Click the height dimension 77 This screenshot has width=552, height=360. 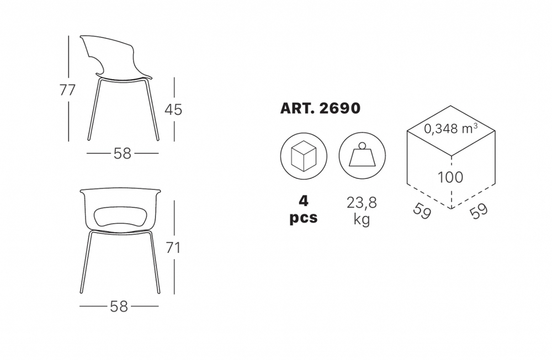(x=67, y=90)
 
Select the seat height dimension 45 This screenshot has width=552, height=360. (x=173, y=109)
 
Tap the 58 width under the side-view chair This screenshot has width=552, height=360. (x=123, y=153)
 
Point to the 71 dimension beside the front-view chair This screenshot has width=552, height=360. (x=173, y=248)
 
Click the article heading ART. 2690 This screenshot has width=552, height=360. (x=320, y=108)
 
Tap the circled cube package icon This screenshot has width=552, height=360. (x=304, y=156)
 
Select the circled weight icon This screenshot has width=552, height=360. (x=362, y=156)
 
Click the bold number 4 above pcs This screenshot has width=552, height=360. (x=303, y=199)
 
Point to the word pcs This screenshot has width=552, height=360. (x=304, y=218)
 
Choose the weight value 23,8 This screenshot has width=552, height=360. (x=362, y=203)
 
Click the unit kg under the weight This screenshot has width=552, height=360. (x=362, y=219)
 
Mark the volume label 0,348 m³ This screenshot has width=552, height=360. (x=451, y=129)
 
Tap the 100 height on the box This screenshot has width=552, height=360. (x=450, y=177)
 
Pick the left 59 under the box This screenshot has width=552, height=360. (x=422, y=211)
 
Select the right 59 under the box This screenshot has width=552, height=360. (x=479, y=211)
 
